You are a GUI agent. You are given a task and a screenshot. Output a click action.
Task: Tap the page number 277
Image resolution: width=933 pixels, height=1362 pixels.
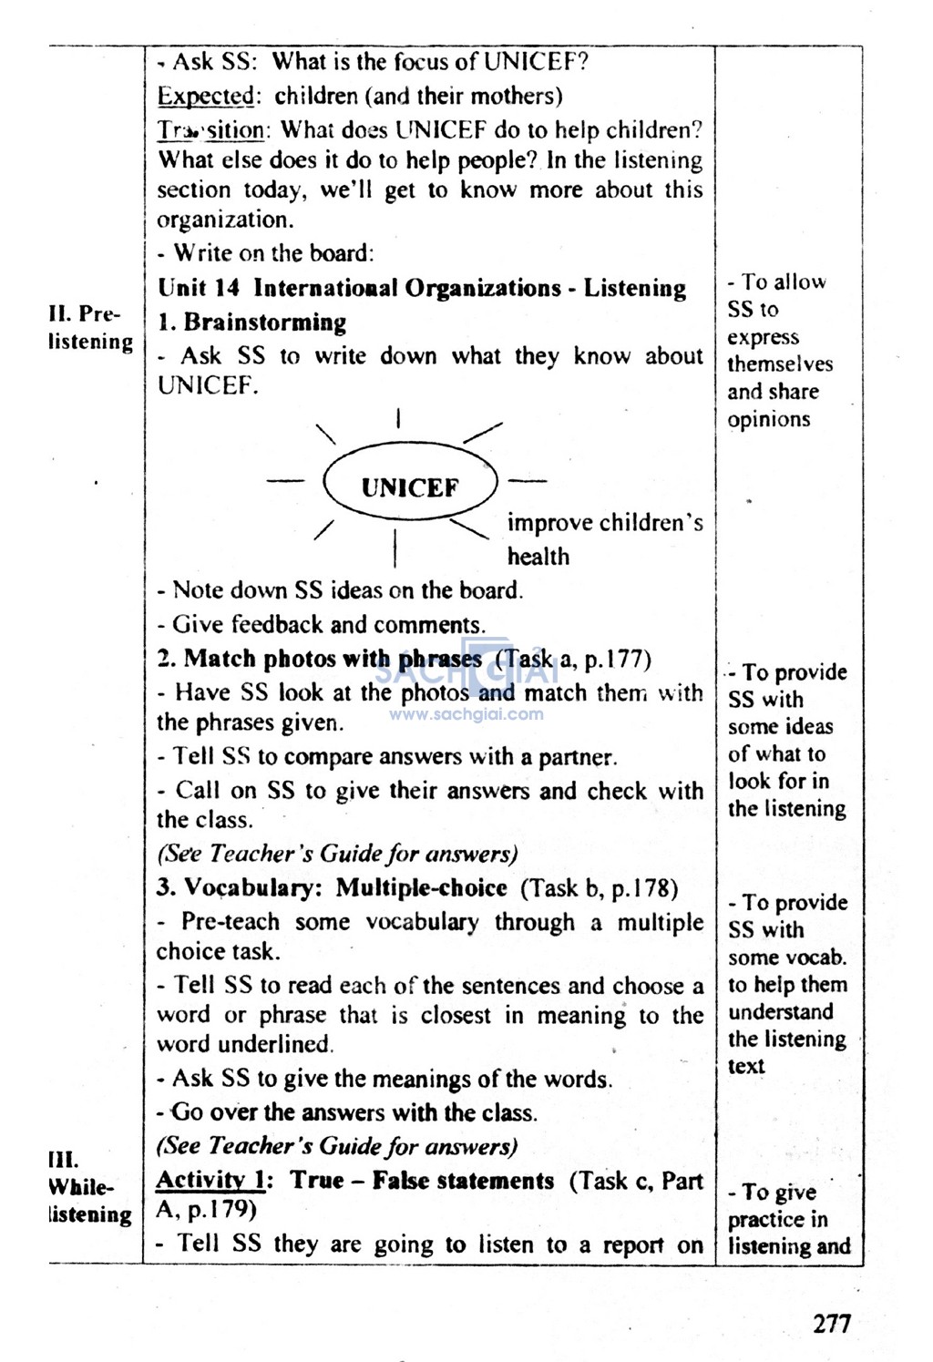point(831,1322)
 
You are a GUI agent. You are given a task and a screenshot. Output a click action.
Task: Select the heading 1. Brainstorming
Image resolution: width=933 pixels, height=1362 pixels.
point(252,323)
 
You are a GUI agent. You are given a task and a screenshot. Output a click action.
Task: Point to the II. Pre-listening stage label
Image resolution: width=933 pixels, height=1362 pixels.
point(89,328)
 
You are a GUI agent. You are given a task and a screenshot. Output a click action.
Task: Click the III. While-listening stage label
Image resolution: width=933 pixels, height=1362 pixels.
point(89,1187)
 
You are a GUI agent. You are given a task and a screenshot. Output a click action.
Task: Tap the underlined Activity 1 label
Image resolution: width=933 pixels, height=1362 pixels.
point(210,1181)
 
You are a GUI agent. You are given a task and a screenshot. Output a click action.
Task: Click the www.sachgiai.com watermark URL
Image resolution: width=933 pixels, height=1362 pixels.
point(466,714)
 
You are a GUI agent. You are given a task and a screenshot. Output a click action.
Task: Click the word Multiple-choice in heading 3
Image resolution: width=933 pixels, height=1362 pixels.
point(421,887)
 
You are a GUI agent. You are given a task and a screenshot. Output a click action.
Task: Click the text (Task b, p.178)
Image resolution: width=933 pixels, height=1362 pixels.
point(600,887)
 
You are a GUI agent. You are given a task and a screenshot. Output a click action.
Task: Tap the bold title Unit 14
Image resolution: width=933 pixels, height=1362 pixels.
point(199,289)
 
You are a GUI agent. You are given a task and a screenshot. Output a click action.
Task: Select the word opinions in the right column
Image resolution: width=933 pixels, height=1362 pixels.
point(768,420)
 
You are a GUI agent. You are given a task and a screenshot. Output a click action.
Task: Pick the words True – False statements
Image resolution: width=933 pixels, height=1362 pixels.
point(422,1181)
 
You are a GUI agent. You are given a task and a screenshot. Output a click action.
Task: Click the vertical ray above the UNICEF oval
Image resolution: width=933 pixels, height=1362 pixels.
point(398,420)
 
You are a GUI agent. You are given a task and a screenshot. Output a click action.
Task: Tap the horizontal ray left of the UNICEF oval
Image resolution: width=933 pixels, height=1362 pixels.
point(286,482)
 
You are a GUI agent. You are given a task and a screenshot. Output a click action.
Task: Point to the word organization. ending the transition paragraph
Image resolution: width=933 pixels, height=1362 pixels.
point(223,220)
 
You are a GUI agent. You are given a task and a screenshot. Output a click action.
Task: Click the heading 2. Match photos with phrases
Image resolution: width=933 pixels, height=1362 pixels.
point(320,659)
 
